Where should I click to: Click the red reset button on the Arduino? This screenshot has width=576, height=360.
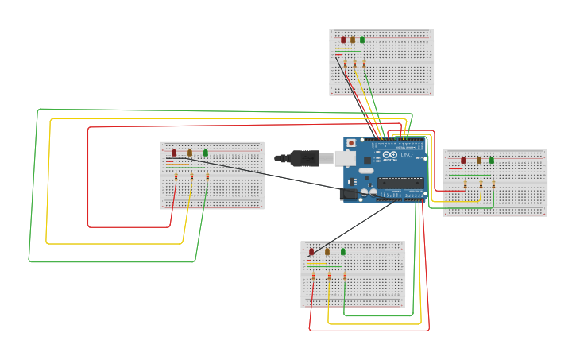click(351, 143)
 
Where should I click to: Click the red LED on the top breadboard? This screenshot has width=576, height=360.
click(343, 39)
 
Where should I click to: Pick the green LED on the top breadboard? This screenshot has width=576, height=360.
click(362, 39)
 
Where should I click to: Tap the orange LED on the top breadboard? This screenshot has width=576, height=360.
click(353, 39)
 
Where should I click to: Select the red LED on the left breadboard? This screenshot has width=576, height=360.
click(174, 153)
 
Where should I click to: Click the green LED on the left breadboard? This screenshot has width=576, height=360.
click(206, 153)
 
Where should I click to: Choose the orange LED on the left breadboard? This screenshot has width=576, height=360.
click(190, 153)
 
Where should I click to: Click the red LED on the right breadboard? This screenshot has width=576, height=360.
click(463, 160)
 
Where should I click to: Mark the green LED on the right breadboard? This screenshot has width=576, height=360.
click(492, 160)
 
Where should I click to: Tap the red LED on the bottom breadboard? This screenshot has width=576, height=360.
click(311, 252)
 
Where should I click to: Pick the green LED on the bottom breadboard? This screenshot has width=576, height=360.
click(343, 252)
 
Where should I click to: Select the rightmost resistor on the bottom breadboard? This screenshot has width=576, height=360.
click(345, 276)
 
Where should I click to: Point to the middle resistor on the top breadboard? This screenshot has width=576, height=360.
click(354, 64)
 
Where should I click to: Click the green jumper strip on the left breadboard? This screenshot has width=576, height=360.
click(178, 167)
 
